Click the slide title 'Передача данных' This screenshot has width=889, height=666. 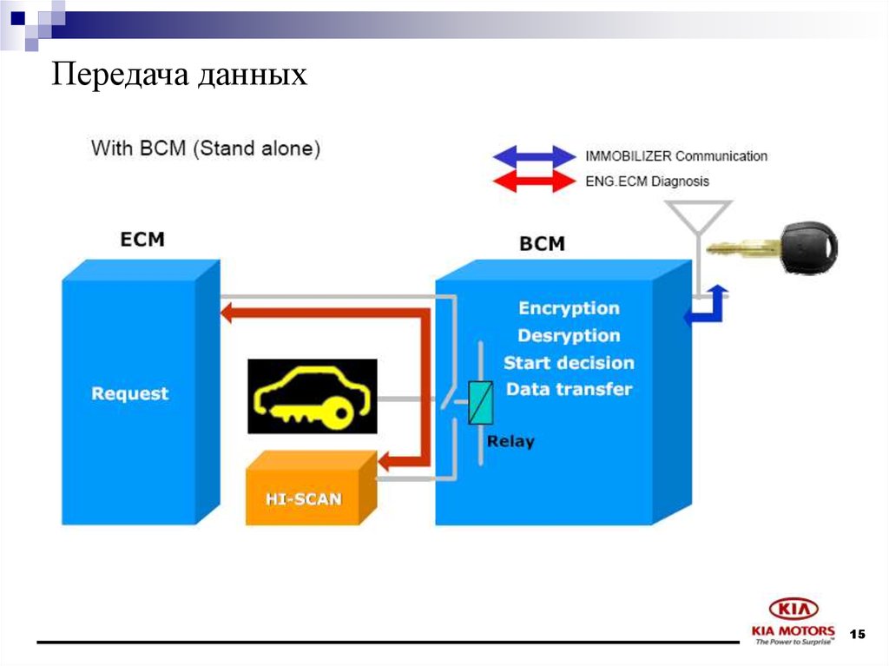(181, 76)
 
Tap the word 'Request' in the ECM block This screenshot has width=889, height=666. (130, 393)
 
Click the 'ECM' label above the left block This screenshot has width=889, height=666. (142, 239)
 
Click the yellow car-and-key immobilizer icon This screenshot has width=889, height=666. (313, 396)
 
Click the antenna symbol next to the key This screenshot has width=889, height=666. (698, 217)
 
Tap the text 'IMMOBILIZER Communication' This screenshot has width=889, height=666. (676, 156)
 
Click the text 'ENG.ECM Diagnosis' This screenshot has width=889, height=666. (647, 181)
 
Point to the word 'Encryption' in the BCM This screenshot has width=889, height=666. (569, 308)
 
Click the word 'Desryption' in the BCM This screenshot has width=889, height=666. (569, 335)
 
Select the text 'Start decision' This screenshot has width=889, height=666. (569, 363)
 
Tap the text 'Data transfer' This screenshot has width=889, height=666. (569, 389)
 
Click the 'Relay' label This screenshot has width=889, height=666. (510, 441)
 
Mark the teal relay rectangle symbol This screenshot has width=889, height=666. (480, 403)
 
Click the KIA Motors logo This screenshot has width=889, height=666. (794, 621)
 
